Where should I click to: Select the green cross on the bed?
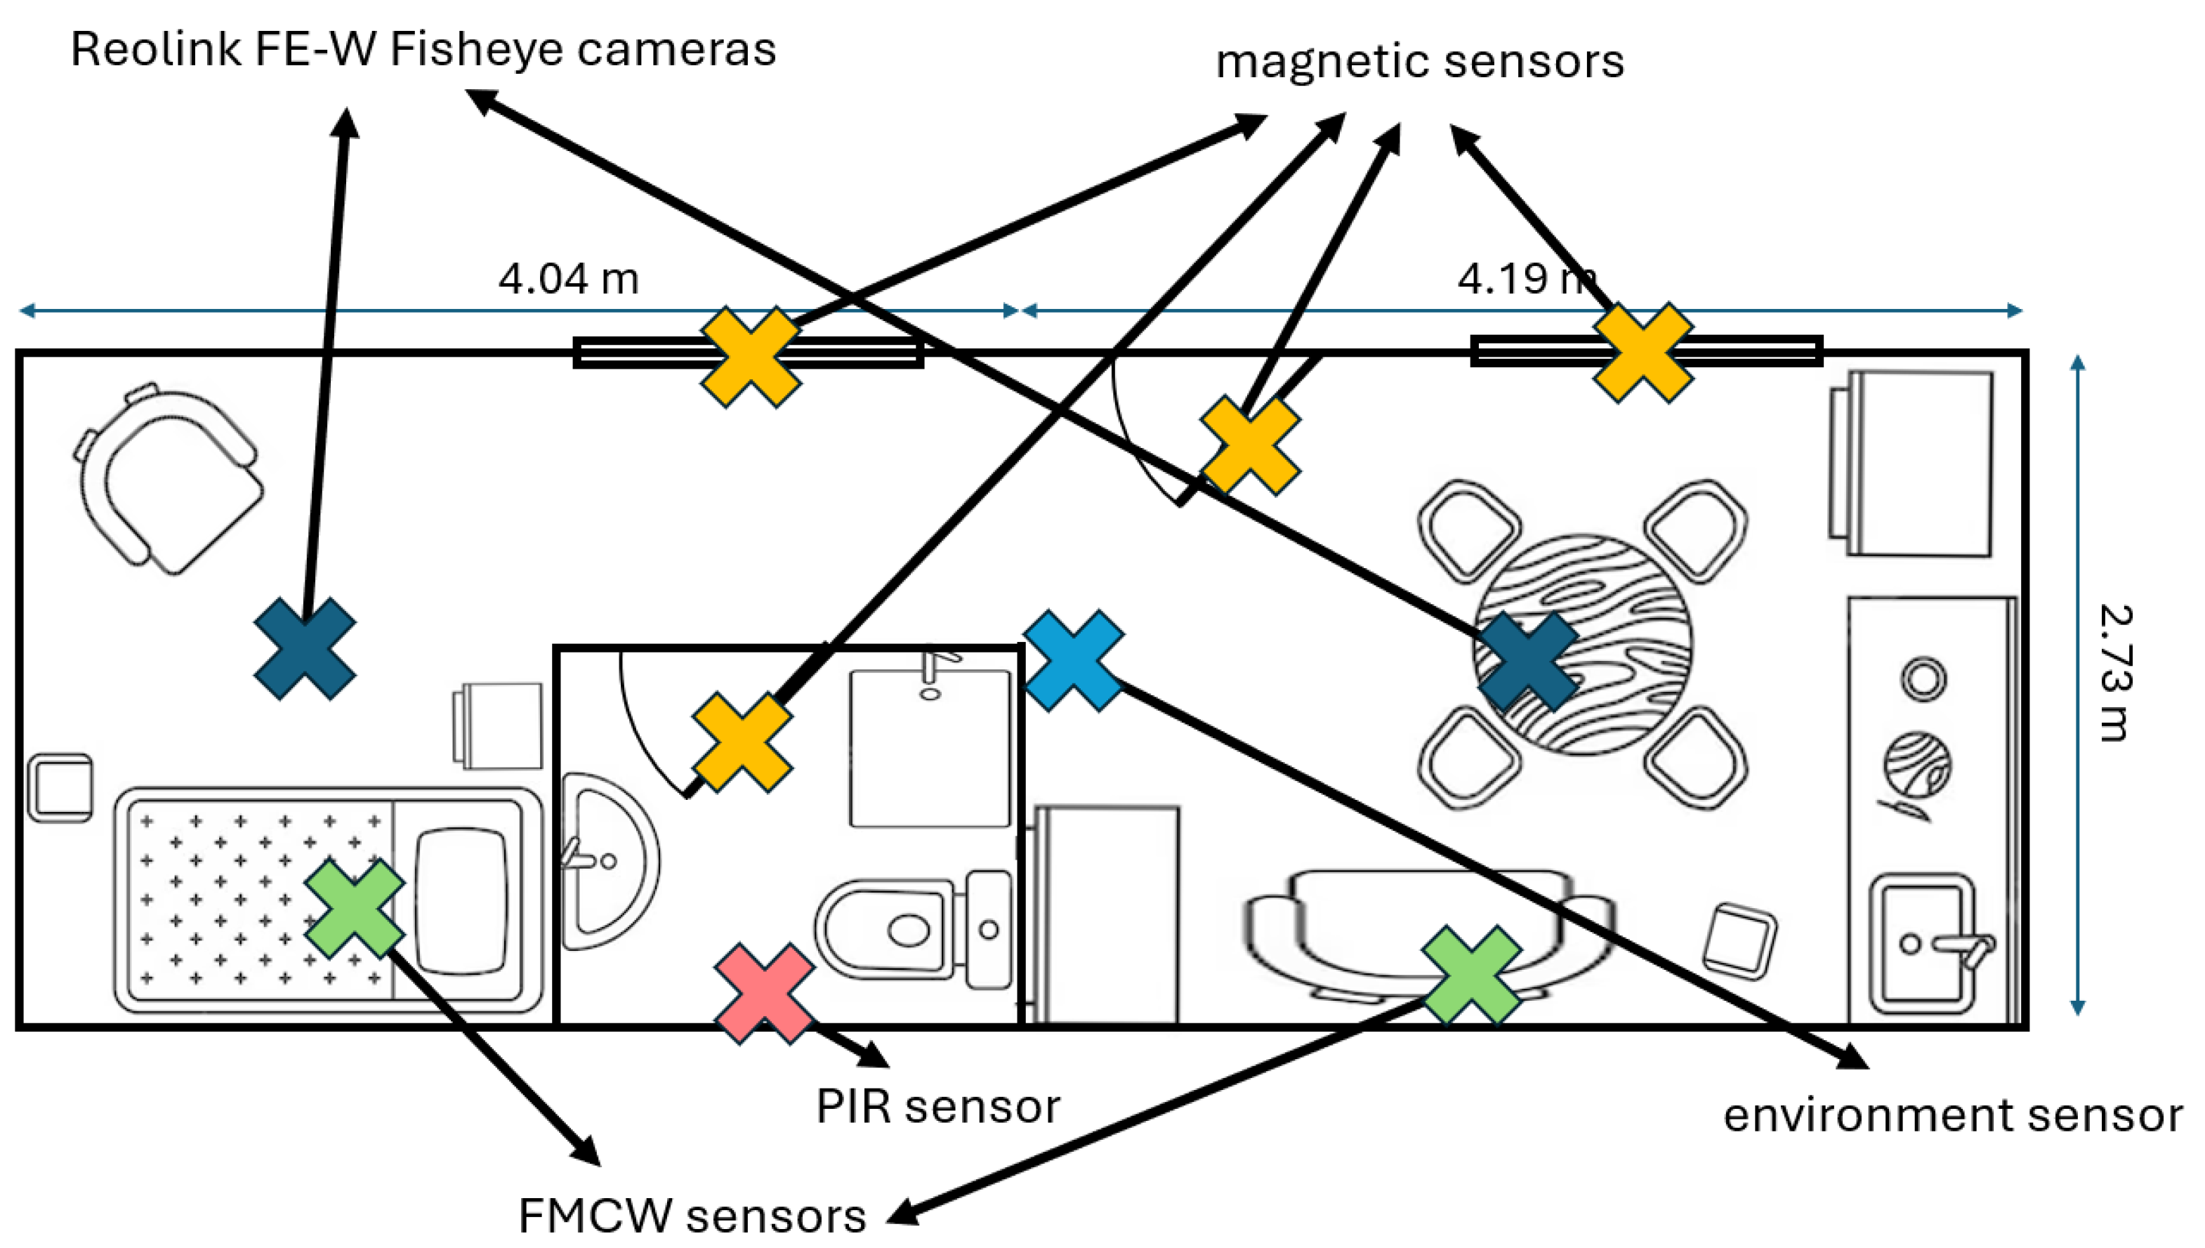pos(354,909)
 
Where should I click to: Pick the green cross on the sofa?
pos(1470,976)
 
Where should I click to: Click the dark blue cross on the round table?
pos(1528,661)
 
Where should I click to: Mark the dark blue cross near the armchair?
pos(305,649)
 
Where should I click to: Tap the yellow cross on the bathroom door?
pos(742,742)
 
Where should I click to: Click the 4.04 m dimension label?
pos(568,280)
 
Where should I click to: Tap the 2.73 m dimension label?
pos(2115,672)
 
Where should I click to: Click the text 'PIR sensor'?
pos(937,1105)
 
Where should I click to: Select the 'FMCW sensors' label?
pos(692,1216)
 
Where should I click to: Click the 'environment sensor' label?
pos(1952,1115)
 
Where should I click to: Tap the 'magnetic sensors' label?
pos(1419,62)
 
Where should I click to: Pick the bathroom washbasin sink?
pos(604,860)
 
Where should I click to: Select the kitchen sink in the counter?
pos(1921,943)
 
